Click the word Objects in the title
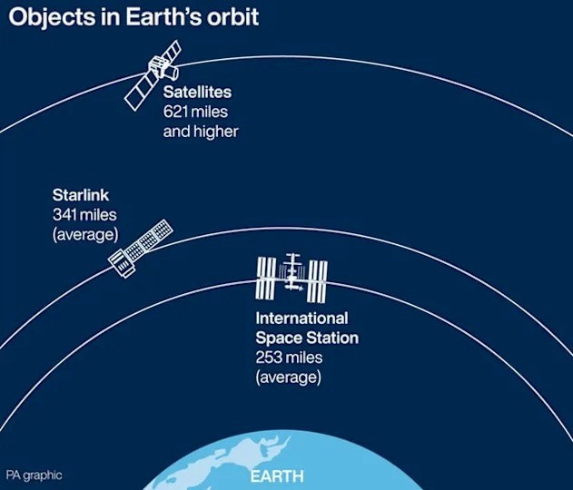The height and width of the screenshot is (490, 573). pyautogui.click(x=46, y=19)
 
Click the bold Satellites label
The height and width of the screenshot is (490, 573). pyautogui.click(x=197, y=93)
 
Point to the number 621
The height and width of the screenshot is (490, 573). pyautogui.click(x=178, y=112)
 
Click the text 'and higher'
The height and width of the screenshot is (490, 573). pyautogui.click(x=201, y=131)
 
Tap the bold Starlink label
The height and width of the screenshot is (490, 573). pyautogui.click(x=80, y=195)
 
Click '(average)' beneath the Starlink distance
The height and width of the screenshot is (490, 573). pyautogui.click(x=85, y=233)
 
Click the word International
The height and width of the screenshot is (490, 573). pyautogui.click(x=301, y=318)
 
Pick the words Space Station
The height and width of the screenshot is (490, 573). pyautogui.click(x=307, y=338)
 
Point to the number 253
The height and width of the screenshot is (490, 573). pyautogui.click(x=271, y=357)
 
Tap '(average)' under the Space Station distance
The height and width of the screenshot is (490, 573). pyautogui.click(x=289, y=376)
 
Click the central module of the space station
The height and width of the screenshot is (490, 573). pyautogui.click(x=292, y=273)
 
